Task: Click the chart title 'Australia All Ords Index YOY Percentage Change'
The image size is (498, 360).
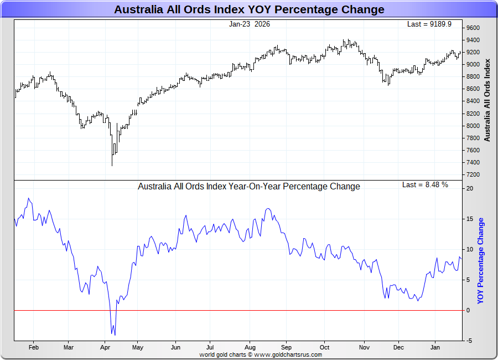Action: (248, 9)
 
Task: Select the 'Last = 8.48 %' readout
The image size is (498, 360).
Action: (425, 184)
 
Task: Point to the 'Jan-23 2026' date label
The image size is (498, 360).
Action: (250, 24)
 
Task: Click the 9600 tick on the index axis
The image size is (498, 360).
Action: (473, 28)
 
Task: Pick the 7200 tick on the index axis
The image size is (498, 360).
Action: (473, 174)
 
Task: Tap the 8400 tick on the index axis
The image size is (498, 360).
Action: (473, 101)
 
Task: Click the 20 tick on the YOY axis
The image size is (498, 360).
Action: (470, 188)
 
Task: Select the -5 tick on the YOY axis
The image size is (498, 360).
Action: (470, 341)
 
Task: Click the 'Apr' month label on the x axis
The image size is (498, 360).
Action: (105, 348)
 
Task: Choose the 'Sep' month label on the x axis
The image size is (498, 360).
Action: (286, 348)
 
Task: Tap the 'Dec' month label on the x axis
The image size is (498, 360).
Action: (398, 348)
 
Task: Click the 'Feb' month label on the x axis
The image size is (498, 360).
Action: (33, 348)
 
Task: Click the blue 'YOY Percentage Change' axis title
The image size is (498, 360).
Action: (480, 261)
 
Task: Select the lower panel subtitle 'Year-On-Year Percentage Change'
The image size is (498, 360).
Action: (248, 186)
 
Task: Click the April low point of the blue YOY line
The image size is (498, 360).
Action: (115, 335)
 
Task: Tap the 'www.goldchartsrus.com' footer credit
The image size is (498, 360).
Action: (288, 354)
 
